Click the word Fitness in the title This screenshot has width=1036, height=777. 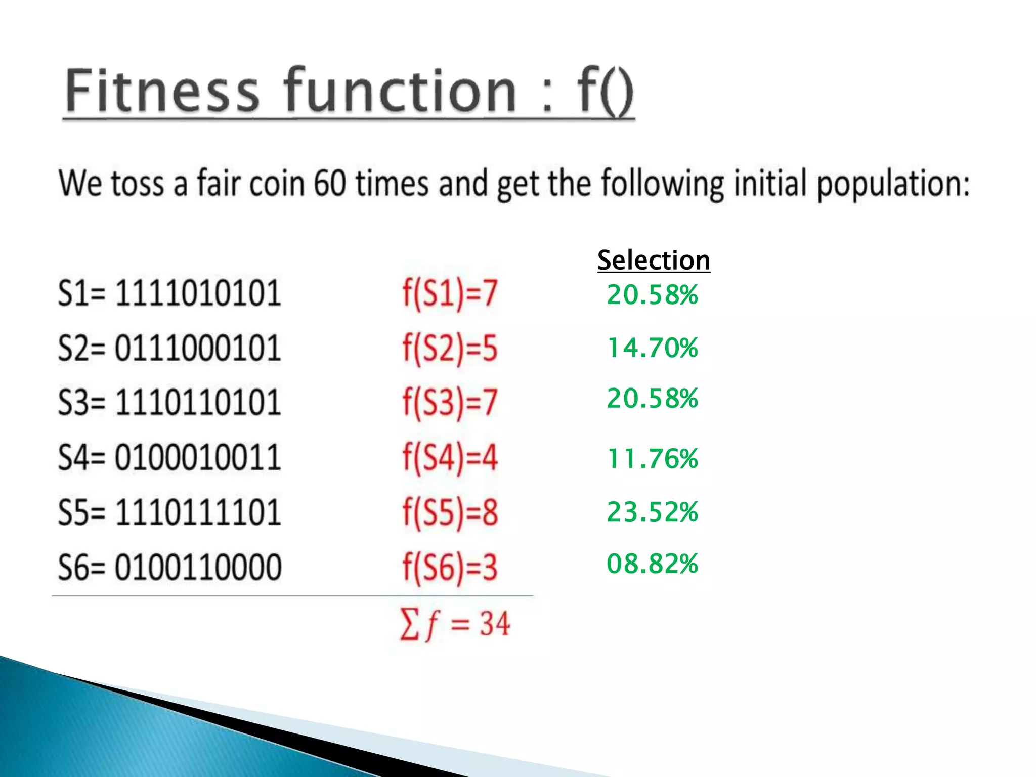[162, 91]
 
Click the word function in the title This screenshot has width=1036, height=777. [400, 91]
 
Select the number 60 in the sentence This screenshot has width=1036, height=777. [330, 183]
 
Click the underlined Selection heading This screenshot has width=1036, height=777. [654, 261]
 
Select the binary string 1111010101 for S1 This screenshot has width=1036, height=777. [198, 293]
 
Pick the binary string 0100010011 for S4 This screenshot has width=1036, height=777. [198, 457]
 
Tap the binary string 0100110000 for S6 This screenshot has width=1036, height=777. [198, 567]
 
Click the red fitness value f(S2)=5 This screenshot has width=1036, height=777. [450, 349]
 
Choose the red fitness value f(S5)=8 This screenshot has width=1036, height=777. [450, 512]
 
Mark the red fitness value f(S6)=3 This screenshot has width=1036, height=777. [450, 567]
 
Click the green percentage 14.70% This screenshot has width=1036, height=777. [653, 348]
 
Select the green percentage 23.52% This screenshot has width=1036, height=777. [653, 511]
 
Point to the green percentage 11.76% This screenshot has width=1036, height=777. [653, 459]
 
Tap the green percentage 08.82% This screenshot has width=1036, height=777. [653, 564]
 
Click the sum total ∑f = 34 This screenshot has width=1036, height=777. [455, 624]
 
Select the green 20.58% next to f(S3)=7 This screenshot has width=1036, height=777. [653, 398]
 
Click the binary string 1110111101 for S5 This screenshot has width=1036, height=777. [198, 512]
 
